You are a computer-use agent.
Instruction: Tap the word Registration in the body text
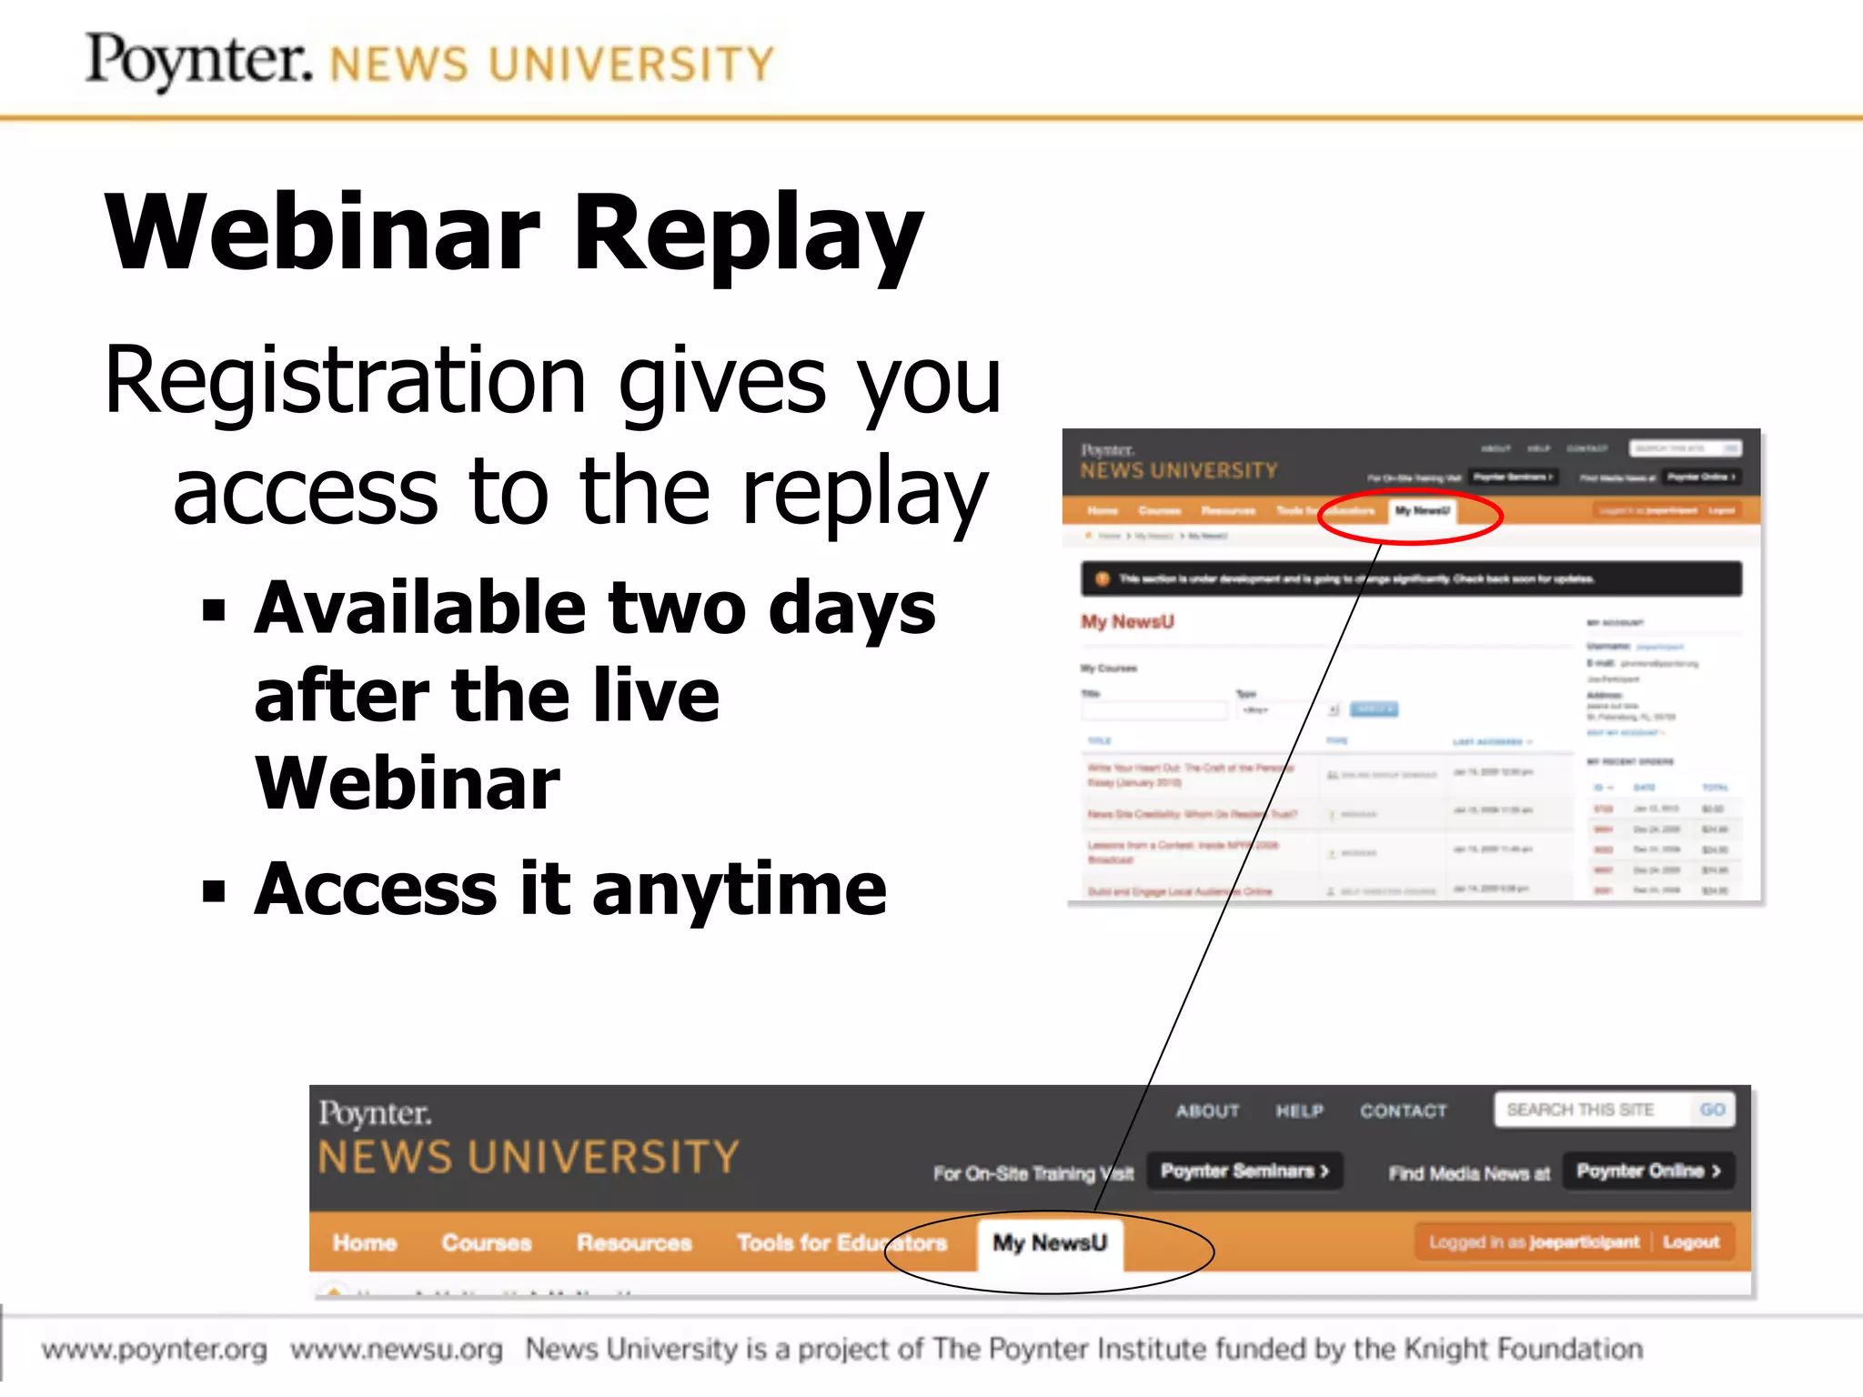coord(344,380)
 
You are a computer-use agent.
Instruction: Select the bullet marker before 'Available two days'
coord(214,609)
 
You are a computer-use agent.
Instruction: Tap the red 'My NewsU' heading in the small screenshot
coord(1127,621)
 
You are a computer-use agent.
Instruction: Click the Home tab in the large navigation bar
coord(365,1242)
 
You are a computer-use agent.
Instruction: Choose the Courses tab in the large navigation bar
coord(487,1242)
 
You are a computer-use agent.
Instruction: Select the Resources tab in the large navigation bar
coord(634,1242)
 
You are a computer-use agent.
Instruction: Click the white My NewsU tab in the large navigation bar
coord(1050,1242)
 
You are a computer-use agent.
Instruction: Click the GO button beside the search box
coord(1712,1110)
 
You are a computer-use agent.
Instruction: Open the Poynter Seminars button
coord(1244,1171)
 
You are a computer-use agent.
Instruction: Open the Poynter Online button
coord(1648,1171)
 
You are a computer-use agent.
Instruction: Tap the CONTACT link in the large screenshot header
coord(1403,1111)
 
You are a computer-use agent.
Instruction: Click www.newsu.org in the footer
coord(397,1349)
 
